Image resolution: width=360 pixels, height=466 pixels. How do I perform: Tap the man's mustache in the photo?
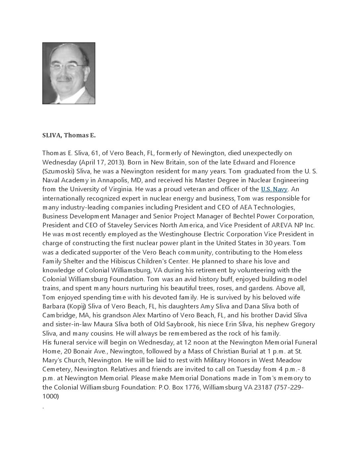point(64,79)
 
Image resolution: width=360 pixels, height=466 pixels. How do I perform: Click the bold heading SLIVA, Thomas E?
point(69,135)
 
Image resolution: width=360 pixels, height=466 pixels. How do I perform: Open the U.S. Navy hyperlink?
point(274,189)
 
